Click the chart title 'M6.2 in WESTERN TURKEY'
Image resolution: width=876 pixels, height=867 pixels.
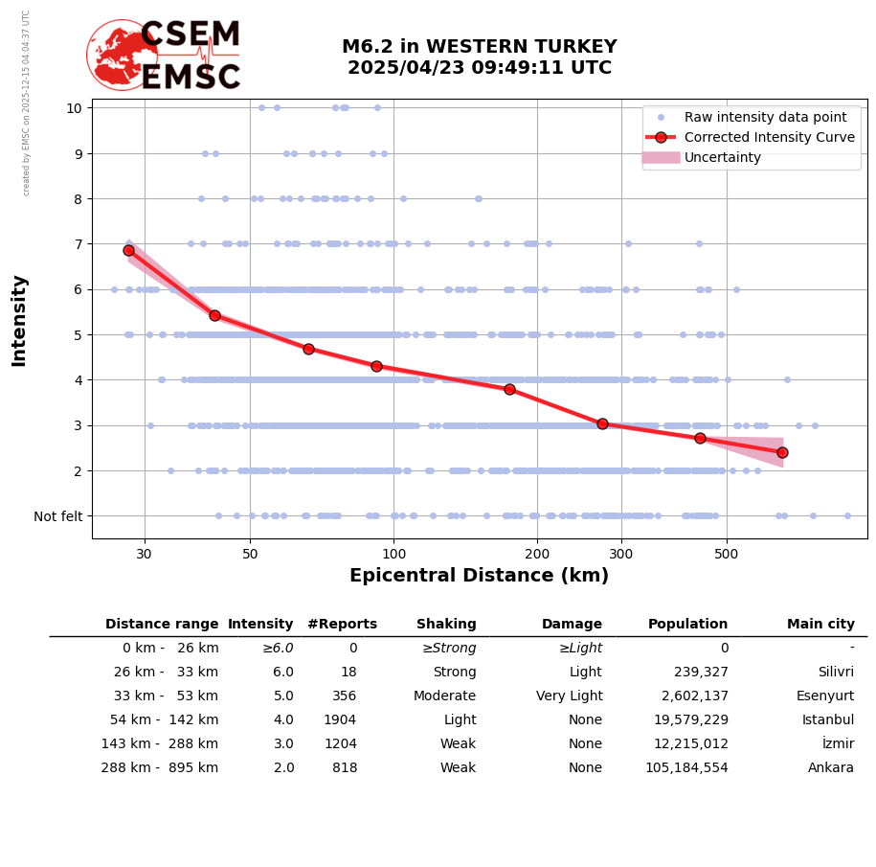click(479, 47)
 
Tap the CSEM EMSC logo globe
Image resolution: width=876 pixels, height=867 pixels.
click(122, 55)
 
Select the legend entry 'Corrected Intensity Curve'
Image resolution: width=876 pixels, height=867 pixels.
click(770, 137)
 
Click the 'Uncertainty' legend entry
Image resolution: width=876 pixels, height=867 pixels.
click(723, 157)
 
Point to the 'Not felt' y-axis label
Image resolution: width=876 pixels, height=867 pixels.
click(58, 516)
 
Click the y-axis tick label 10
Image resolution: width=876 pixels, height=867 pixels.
click(74, 107)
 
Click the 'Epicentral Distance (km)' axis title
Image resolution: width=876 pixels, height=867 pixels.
click(479, 576)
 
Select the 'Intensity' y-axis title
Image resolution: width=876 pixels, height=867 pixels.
click(19, 320)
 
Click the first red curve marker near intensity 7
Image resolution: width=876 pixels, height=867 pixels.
click(128, 250)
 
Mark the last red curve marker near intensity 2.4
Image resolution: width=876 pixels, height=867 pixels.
click(782, 452)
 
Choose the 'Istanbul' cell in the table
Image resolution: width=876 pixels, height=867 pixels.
click(830, 720)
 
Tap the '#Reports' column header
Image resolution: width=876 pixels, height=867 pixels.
click(342, 625)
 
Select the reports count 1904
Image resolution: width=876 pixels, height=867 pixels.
click(340, 720)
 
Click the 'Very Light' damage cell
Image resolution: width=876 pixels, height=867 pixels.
click(569, 696)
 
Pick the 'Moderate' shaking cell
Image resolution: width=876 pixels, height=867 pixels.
click(446, 696)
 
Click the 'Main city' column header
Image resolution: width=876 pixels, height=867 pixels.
click(820, 625)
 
